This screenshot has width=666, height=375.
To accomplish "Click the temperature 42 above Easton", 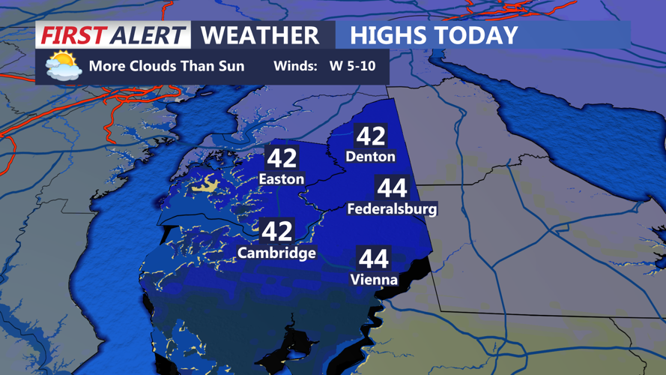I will point(282,158).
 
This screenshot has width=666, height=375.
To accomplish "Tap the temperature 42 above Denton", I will point(371,136).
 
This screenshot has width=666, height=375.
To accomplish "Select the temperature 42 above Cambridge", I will point(276,231).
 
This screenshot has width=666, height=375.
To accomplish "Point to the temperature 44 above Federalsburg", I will point(392,187).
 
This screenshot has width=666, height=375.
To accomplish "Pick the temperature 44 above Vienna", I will point(374,259).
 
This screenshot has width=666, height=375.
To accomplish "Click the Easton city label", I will point(281,179).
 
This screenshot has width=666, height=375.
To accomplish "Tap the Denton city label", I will point(371,157).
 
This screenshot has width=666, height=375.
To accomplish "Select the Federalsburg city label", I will point(392,209).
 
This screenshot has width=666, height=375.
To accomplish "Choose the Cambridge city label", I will point(276,253).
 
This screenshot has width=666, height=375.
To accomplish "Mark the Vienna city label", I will point(374,280).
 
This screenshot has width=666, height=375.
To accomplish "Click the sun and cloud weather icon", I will point(63,66).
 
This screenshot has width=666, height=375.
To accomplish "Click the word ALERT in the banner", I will point(146,35).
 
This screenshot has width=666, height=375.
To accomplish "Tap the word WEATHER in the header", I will point(260,35).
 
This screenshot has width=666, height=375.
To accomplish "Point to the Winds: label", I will point(295,66).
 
